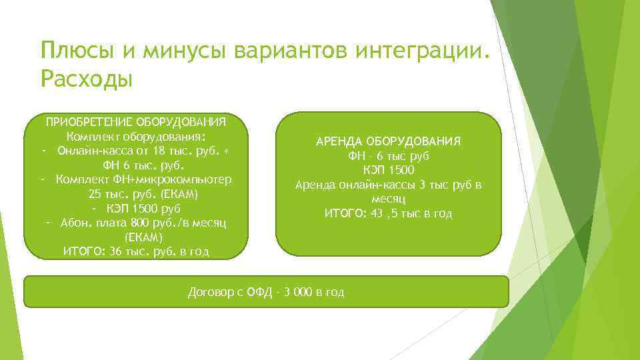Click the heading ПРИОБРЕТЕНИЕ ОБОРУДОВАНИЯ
point(135,122)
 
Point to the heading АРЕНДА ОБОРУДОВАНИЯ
point(389,141)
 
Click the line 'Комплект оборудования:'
point(135,136)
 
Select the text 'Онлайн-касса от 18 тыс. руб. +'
point(143,151)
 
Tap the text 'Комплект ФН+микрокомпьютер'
point(143,179)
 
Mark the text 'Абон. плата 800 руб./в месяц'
point(143,223)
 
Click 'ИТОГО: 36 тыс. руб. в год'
point(135,251)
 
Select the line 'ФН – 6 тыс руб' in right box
point(389,156)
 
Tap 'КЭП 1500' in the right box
point(389,170)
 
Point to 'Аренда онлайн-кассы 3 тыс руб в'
point(389,185)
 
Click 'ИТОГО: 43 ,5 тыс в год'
point(389,213)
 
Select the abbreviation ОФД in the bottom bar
point(260,293)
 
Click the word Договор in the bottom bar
point(213,293)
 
